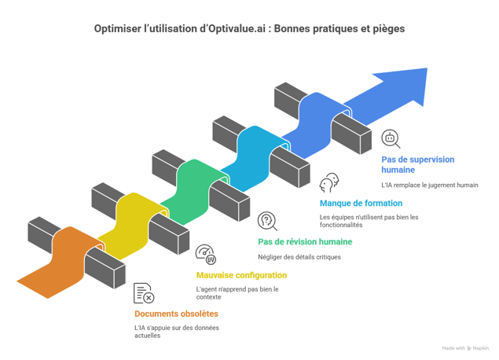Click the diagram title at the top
(x=250, y=29)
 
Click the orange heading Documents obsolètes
(x=176, y=313)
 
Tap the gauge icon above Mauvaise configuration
(x=204, y=254)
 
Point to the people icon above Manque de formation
(x=329, y=184)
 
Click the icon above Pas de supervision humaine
(x=391, y=138)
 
